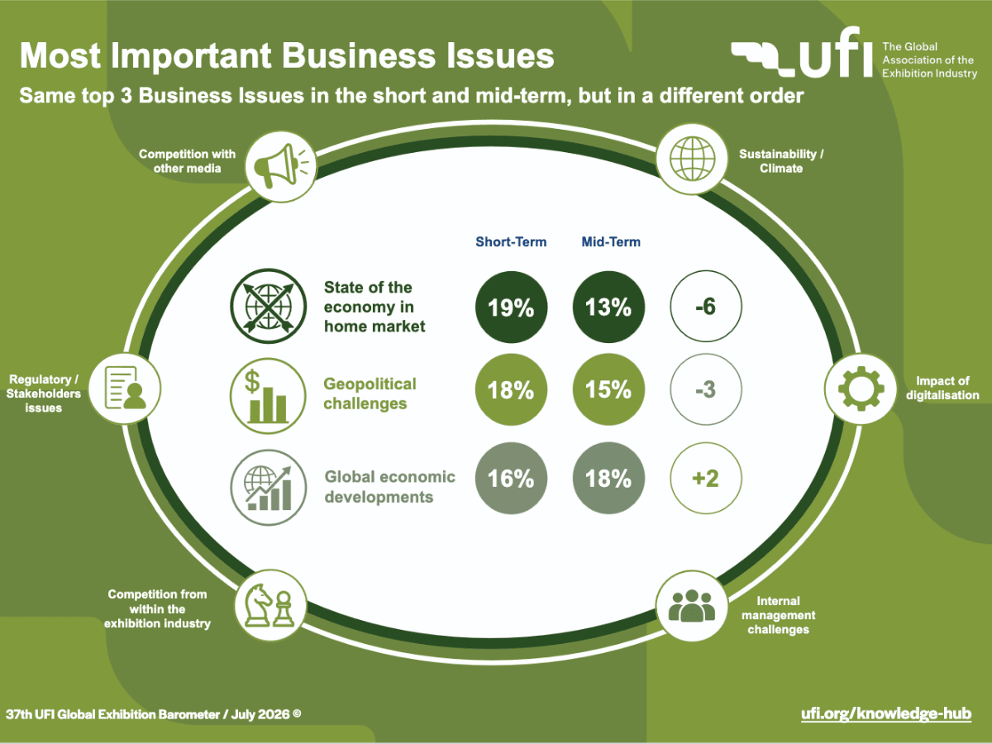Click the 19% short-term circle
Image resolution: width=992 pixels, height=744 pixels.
[x=511, y=308]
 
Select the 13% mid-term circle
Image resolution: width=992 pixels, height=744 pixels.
[x=608, y=308]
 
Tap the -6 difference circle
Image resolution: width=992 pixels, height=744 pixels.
[x=706, y=306]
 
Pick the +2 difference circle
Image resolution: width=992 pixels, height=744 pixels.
[x=706, y=478]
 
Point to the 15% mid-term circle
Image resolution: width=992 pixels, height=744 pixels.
[x=608, y=389]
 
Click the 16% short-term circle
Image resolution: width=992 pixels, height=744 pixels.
[x=511, y=478]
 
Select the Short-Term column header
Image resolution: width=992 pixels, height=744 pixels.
[x=511, y=241]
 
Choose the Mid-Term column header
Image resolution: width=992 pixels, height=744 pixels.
[x=611, y=241]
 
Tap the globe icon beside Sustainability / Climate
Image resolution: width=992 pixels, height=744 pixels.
[x=693, y=159]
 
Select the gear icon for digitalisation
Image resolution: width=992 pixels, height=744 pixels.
[x=861, y=389]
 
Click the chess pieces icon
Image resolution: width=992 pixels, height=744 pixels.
[x=270, y=605]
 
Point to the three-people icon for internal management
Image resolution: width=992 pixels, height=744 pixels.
[x=692, y=605]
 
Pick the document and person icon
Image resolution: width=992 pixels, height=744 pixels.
[x=125, y=389]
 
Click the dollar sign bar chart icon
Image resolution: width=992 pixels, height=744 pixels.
[x=268, y=396]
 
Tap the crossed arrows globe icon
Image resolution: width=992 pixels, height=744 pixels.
[x=268, y=306]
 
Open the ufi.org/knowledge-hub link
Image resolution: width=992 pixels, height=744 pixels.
[x=886, y=713]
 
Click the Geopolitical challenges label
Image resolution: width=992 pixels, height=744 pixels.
[x=370, y=393]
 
